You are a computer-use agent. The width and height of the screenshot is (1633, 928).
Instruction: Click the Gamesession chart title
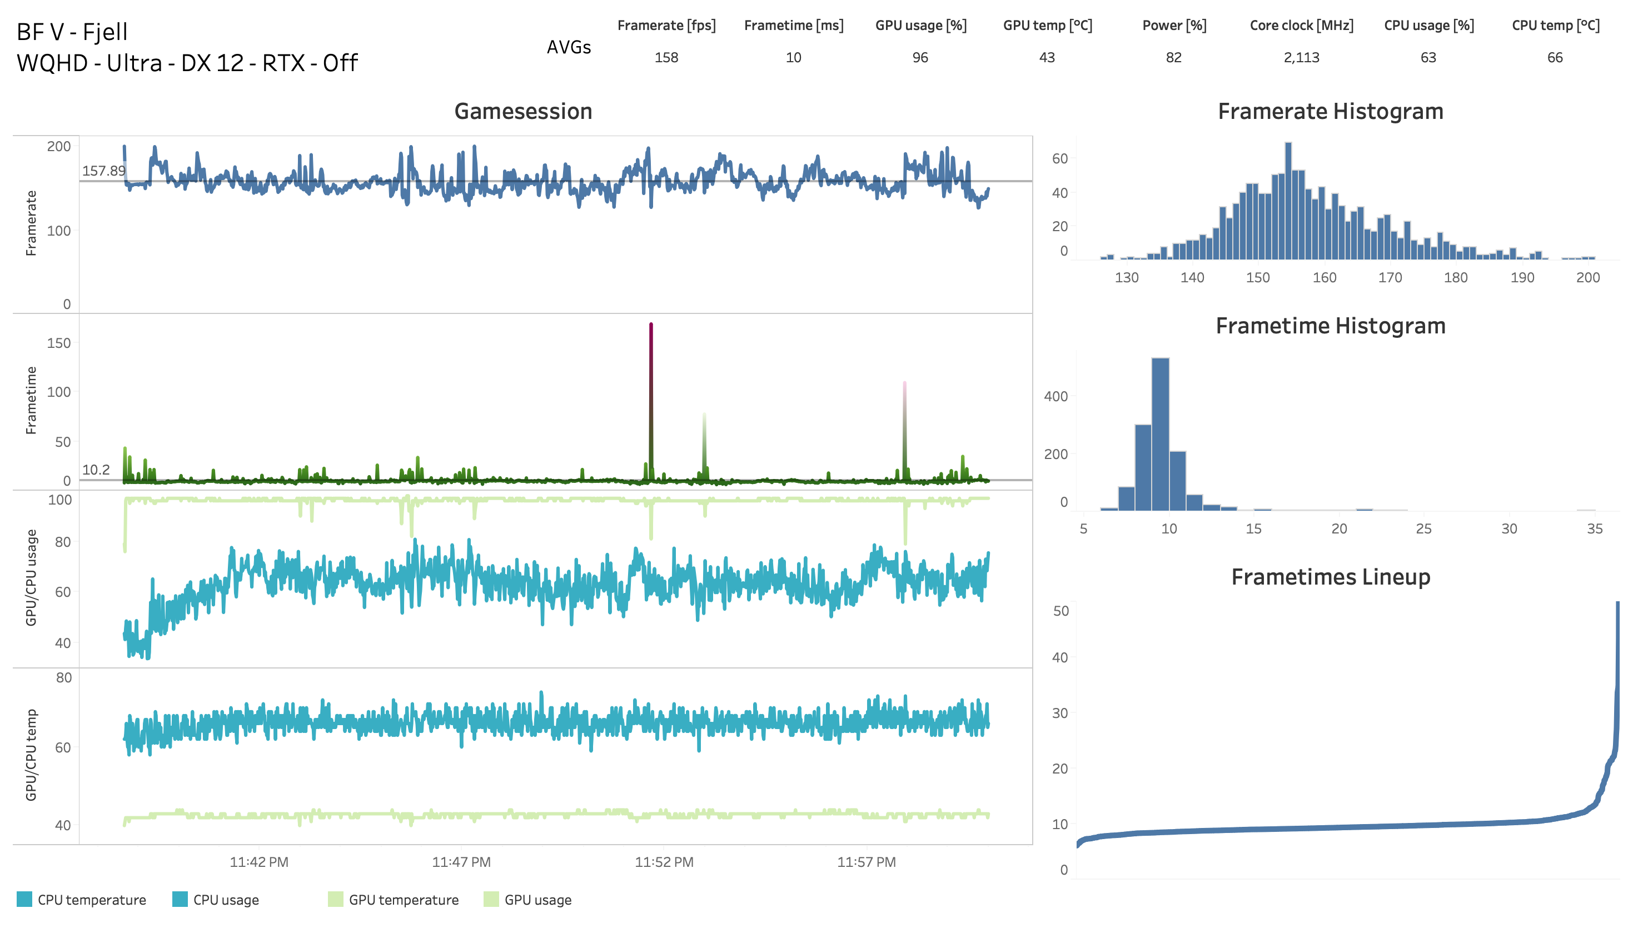(x=522, y=112)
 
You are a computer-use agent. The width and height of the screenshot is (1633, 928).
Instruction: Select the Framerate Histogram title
(x=1330, y=112)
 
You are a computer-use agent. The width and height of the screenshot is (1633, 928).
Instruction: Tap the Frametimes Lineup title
(x=1330, y=577)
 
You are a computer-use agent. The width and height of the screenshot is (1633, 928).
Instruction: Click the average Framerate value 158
(x=666, y=58)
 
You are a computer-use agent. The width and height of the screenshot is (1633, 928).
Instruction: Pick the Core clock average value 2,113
(x=1301, y=58)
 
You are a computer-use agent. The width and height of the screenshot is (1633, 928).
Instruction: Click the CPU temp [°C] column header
(x=1555, y=26)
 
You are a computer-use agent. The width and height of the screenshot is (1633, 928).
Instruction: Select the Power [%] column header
(x=1173, y=26)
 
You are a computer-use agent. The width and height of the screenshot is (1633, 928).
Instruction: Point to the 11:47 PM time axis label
(x=461, y=862)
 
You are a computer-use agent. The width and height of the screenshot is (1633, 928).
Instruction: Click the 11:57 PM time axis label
(x=865, y=862)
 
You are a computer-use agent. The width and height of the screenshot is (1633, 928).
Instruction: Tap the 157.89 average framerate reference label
(x=103, y=171)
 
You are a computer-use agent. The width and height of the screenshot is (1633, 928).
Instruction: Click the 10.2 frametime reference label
(x=96, y=470)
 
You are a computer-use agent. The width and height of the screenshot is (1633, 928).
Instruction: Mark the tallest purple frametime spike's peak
(x=651, y=325)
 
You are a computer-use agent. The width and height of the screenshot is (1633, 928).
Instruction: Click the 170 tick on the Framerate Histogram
(x=1390, y=278)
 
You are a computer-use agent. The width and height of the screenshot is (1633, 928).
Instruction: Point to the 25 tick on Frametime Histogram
(x=1423, y=529)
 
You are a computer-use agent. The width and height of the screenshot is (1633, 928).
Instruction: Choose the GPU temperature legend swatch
(x=335, y=899)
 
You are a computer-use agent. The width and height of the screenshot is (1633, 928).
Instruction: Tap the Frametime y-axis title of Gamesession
(x=31, y=400)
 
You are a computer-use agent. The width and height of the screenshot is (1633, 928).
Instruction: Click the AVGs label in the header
(x=569, y=47)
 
